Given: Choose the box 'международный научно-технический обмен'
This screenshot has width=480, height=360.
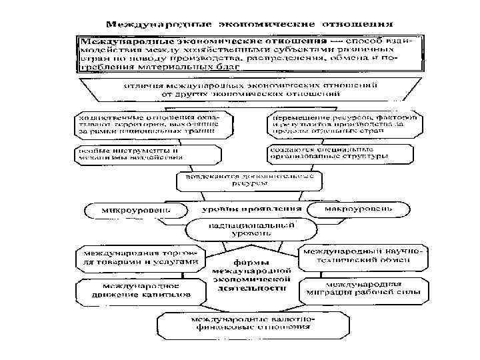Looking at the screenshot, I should pos(363,257).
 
